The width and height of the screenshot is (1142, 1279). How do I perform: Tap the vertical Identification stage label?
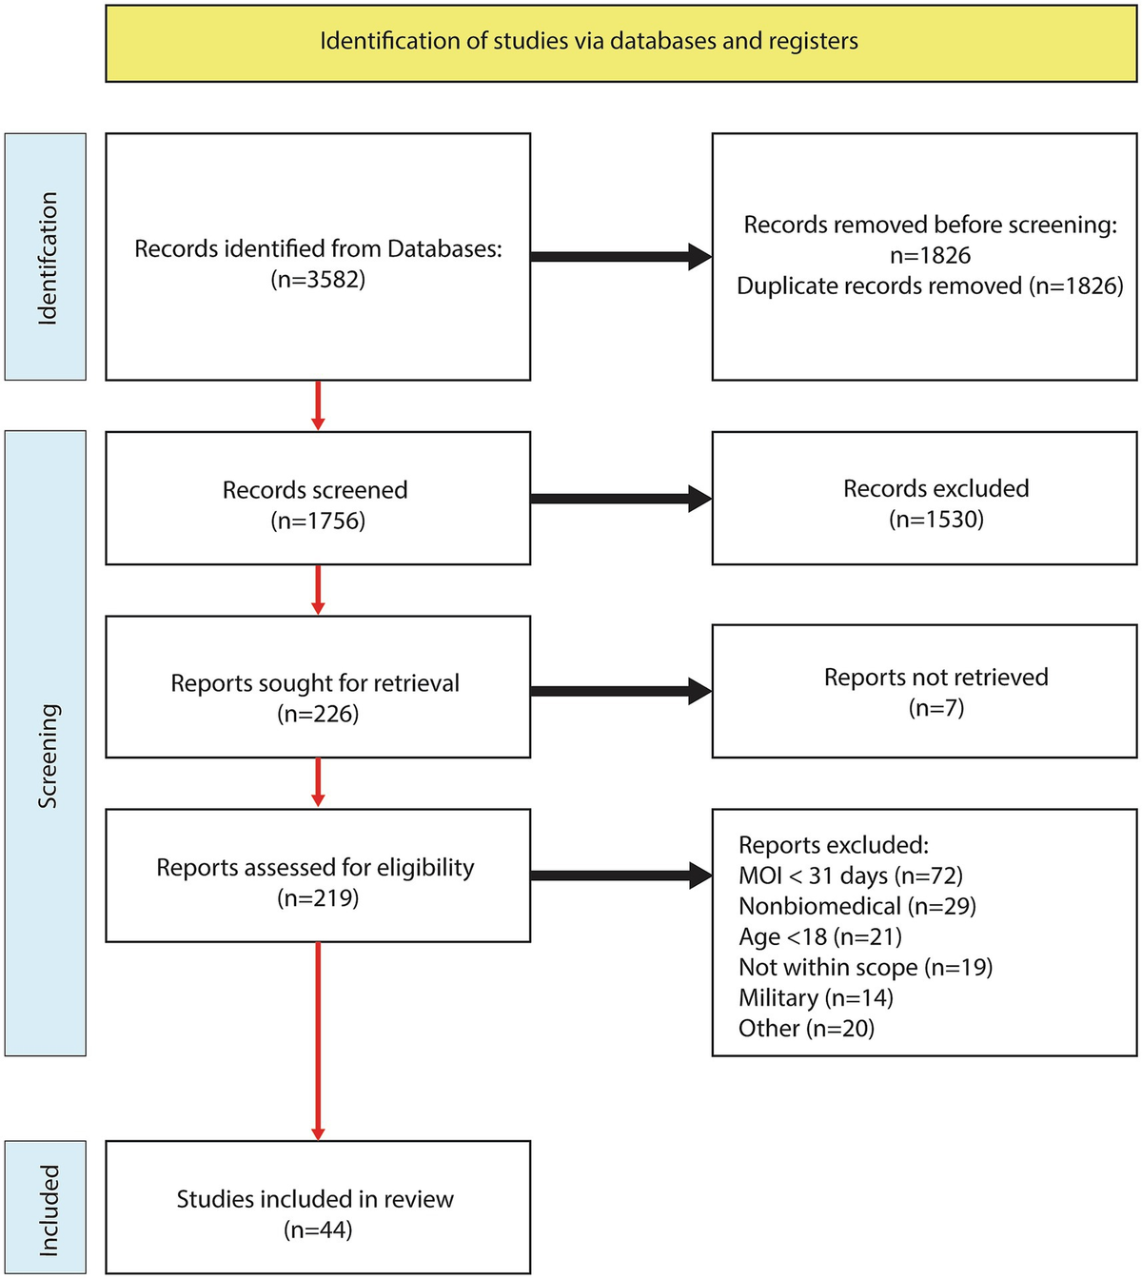click(47, 258)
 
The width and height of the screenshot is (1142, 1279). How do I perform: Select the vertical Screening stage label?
click(47, 757)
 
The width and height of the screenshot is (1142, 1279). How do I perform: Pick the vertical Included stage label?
click(47, 1209)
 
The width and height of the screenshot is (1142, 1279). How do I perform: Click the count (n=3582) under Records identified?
click(318, 280)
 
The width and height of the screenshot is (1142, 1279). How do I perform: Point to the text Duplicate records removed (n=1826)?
click(930, 286)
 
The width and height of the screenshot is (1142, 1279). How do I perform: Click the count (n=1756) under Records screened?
click(318, 521)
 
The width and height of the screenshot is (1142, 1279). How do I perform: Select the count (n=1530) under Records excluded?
click(935, 520)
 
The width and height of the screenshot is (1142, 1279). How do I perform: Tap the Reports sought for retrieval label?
click(315, 683)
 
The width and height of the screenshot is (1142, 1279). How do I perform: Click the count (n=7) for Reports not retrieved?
click(935, 708)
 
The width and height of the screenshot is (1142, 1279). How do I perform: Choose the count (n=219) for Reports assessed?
click(318, 898)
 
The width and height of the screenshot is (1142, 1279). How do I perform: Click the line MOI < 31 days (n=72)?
click(851, 876)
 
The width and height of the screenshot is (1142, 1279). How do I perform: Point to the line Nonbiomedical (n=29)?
click(857, 907)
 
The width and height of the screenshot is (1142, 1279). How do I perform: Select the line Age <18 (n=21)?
click(819, 937)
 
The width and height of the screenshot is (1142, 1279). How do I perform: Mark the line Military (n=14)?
click(816, 998)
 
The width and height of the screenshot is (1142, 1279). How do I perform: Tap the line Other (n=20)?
click(806, 1029)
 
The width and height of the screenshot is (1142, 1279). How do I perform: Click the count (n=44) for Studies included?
click(318, 1230)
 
